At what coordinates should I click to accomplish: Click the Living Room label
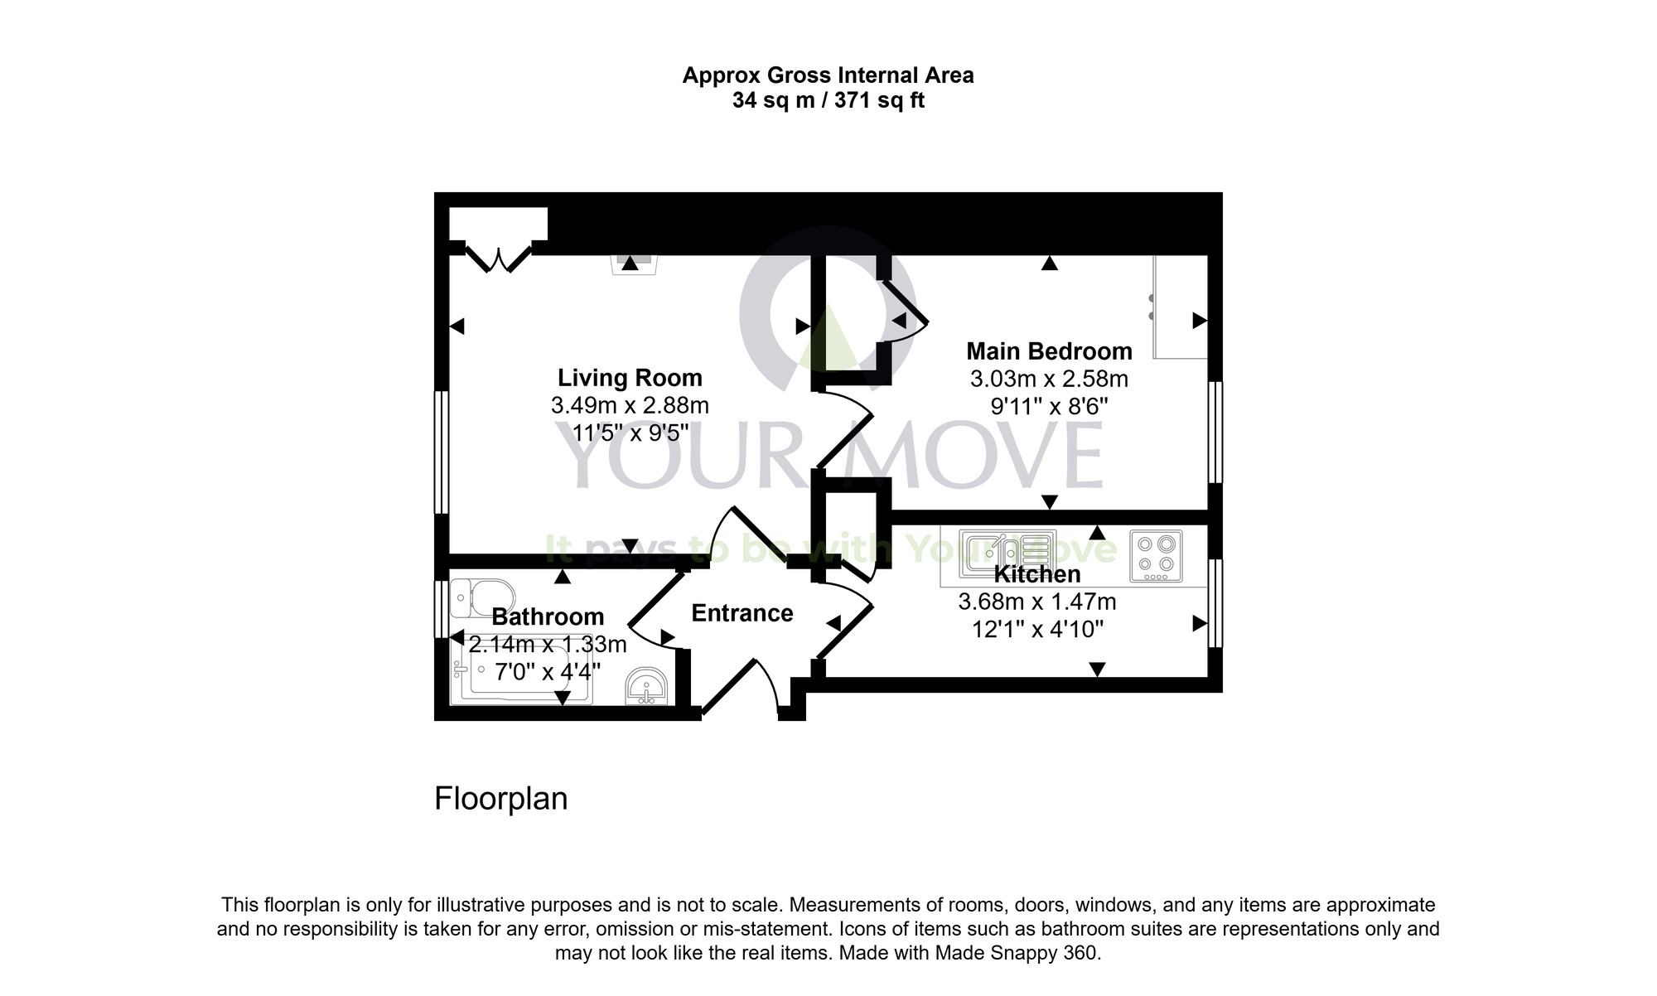tap(630, 378)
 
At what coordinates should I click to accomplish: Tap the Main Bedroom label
tap(1049, 351)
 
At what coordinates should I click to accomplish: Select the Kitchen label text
tap(1037, 574)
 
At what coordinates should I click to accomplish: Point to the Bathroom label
tap(548, 616)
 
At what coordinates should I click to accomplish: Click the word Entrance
tap(742, 613)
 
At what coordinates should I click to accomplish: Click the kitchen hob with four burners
tap(1156, 556)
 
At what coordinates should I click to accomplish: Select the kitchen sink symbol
tap(1007, 554)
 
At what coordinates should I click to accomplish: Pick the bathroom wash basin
tap(646, 687)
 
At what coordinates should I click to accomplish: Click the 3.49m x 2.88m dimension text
tap(630, 406)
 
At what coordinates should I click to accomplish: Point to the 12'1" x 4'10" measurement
tap(1037, 630)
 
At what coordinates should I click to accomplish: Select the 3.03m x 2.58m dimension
tap(1049, 380)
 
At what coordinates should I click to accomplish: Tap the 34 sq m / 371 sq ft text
tap(828, 101)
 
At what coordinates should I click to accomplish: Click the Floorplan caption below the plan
tap(501, 799)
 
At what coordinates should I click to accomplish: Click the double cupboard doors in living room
tap(498, 258)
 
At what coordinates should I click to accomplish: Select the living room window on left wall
tap(442, 452)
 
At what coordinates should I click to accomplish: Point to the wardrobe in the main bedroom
tap(1181, 307)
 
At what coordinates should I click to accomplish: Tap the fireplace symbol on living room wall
tap(630, 264)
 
